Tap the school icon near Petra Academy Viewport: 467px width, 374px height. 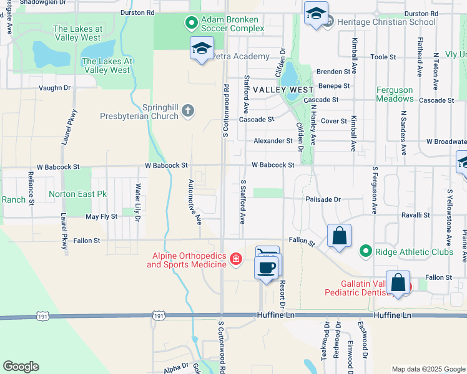pyautogui.click(x=202, y=49)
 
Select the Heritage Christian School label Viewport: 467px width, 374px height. pyautogui.click(x=386, y=22)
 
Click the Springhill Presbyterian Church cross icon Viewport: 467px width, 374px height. pyautogui.click(x=187, y=112)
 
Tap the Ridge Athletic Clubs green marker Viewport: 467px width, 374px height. pyautogui.click(x=366, y=252)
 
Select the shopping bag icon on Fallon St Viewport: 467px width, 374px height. pyautogui.click(x=339, y=236)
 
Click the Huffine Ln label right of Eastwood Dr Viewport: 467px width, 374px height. pyautogui.click(x=393, y=316)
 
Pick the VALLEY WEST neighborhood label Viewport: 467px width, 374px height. pyautogui.click(x=282, y=90)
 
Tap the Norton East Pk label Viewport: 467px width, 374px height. pyautogui.click(x=78, y=194)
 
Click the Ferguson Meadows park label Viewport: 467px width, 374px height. pyautogui.click(x=395, y=94)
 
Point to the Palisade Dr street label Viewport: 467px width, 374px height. pyautogui.click(x=323, y=199)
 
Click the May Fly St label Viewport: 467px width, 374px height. pyautogui.click(x=101, y=216)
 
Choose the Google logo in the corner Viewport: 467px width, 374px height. pyautogui.click(x=21, y=367)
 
